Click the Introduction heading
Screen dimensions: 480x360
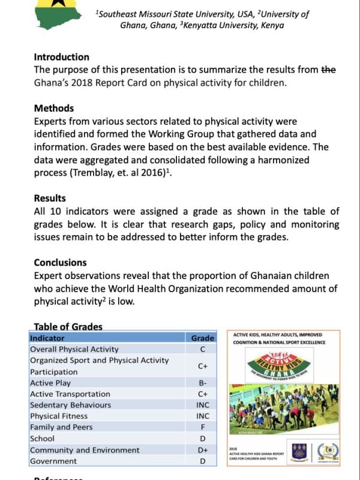point(61,57)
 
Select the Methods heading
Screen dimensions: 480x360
point(54,109)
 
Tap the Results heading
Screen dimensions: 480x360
point(50,198)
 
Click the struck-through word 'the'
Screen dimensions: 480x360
point(329,70)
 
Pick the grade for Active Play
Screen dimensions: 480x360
point(203,383)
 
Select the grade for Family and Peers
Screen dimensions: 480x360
point(203,427)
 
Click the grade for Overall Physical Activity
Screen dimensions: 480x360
point(203,349)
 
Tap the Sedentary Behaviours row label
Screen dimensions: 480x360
point(70,405)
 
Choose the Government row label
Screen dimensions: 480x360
point(53,461)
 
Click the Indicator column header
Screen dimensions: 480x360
point(47,338)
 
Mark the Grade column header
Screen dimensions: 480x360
point(203,338)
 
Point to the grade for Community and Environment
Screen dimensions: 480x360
point(203,450)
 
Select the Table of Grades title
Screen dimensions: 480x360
point(68,327)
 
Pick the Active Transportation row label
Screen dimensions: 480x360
point(70,394)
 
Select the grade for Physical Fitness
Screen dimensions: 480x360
point(203,416)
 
